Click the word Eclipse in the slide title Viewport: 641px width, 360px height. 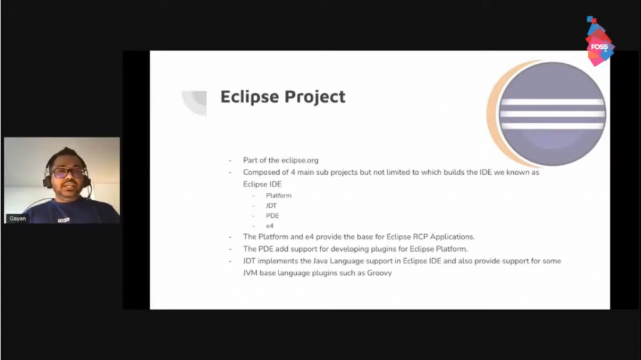click(249, 97)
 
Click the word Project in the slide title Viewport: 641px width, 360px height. click(314, 98)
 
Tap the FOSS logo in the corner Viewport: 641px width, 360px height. click(599, 41)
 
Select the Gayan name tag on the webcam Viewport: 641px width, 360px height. click(18, 219)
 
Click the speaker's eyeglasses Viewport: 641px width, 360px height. click(68, 173)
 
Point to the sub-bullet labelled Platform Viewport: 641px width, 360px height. click(279, 195)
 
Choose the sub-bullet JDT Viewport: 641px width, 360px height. click(271, 206)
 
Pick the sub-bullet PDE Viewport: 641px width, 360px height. click(272, 215)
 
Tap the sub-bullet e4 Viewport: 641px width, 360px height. click(270, 226)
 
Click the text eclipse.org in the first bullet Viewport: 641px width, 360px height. click(300, 160)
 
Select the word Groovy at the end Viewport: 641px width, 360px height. click(379, 273)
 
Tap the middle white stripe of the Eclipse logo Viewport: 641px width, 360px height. click(552, 114)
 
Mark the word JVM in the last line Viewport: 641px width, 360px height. click(250, 273)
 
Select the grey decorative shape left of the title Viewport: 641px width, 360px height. click(195, 102)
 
